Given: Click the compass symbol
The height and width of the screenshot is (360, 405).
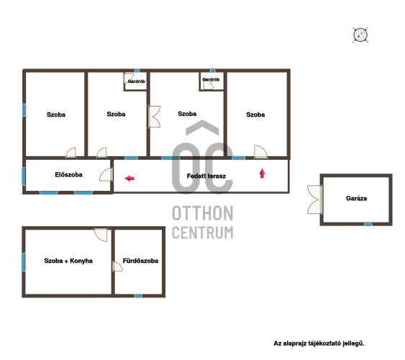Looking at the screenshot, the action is pyautogui.click(x=360, y=35).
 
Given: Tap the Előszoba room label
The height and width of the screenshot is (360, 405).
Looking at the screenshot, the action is pyautogui.click(x=69, y=175).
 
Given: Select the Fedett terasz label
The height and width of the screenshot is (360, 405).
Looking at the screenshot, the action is pyautogui.click(x=206, y=176).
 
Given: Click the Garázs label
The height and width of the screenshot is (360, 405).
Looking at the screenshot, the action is pyautogui.click(x=356, y=198).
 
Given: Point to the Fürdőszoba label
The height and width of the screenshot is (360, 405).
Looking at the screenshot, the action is pyautogui.click(x=140, y=261).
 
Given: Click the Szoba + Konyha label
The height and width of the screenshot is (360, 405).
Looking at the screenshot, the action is pyautogui.click(x=68, y=261).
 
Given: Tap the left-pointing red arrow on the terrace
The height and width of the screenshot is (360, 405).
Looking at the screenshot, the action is pyautogui.click(x=129, y=178).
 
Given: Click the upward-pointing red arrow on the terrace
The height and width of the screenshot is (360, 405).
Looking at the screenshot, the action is pyautogui.click(x=262, y=174).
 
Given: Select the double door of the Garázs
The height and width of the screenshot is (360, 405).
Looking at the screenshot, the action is pyautogui.click(x=315, y=199).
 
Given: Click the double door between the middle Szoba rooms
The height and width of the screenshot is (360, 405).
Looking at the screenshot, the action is pyautogui.click(x=154, y=117).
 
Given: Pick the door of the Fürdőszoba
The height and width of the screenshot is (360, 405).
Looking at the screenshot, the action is pyautogui.click(x=117, y=266).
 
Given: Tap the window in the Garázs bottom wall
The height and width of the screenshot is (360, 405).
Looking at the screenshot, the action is pyautogui.click(x=368, y=224).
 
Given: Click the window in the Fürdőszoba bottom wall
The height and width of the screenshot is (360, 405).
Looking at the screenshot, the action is pyautogui.click(x=138, y=296).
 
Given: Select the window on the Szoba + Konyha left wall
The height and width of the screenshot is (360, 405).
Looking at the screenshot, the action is pyautogui.click(x=24, y=262).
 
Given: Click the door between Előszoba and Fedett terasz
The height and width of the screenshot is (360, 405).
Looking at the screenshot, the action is pyautogui.click(x=106, y=174).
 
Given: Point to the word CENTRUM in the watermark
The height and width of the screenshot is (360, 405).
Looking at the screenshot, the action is pyautogui.click(x=203, y=233).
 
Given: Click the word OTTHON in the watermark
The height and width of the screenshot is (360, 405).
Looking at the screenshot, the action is pyautogui.click(x=203, y=213).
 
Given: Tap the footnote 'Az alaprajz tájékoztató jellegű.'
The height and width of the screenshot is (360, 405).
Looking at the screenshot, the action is pyautogui.click(x=319, y=343).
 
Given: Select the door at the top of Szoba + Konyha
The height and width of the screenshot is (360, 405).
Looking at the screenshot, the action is pyautogui.click(x=101, y=235).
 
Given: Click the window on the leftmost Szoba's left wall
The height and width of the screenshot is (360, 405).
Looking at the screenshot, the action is pyautogui.click(x=24, y=110).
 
